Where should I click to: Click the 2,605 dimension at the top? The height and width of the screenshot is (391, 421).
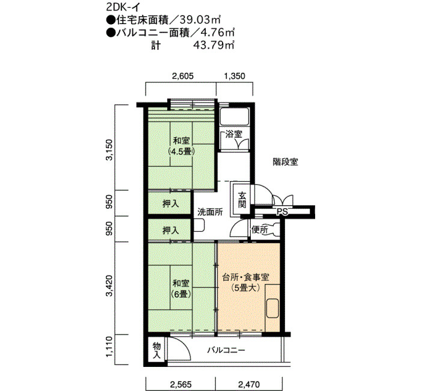point(183,76)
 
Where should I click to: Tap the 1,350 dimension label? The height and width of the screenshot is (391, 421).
point(235,76)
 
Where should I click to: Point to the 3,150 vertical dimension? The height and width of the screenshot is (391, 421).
point(109,150)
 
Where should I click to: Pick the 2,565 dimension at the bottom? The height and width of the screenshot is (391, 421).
point(180,384)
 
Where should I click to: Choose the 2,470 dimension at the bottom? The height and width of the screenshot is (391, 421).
point(249,384)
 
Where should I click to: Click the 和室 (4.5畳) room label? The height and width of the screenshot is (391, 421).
point(182,146)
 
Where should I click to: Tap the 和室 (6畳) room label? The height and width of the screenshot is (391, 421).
point(181,289)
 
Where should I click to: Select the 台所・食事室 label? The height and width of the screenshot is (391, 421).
point(246,277)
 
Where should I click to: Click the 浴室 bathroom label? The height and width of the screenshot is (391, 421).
point(234,134)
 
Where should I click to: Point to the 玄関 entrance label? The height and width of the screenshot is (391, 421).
point(242,200)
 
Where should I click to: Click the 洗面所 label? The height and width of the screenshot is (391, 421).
point(210,212)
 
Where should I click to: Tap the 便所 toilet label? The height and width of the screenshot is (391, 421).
point(259,230)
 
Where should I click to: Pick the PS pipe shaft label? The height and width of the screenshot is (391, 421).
point(282,212)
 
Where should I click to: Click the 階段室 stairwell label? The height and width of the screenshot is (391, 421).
point(286,162)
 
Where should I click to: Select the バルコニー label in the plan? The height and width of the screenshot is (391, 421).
point(226,350)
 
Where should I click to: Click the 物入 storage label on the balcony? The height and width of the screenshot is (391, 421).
point(156,351)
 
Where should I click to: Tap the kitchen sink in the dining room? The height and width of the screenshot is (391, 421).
point(272,308)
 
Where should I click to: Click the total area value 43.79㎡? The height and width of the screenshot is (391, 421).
point(214,45)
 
